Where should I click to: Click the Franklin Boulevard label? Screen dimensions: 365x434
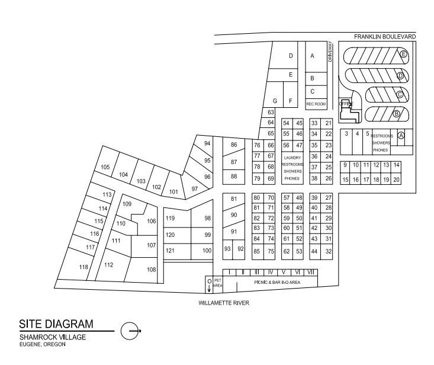[x=385, y=37]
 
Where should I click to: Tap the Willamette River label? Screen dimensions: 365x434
[x=224, y=303]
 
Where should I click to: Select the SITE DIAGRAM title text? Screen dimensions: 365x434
[x=56, y=324]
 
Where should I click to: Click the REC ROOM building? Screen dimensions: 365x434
[x=316, y=104]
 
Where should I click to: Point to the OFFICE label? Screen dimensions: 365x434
[x=346, y=104]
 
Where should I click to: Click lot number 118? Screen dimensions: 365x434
[x=83, y=267]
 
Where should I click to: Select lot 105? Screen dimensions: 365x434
[x=105, y=167]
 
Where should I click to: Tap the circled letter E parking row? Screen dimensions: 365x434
[x=403, y=55]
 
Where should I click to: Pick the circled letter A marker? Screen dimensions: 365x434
[x=401, y=135]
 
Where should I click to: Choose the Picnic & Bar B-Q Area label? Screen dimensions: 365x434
[x=277, y=283]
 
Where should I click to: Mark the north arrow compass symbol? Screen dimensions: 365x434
[x=130, y=331]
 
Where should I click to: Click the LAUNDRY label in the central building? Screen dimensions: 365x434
[x=292, y=158]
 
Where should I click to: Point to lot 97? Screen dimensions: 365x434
[x=194, y=189]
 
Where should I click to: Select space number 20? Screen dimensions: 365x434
[x=396, y=180]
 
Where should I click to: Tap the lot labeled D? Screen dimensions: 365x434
[x=291, y=56]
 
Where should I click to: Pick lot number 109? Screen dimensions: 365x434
[x=127, y=204]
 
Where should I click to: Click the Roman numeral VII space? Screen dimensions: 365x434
[x=310, y=272]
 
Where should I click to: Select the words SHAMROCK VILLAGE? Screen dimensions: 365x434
[x=53, y=337]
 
